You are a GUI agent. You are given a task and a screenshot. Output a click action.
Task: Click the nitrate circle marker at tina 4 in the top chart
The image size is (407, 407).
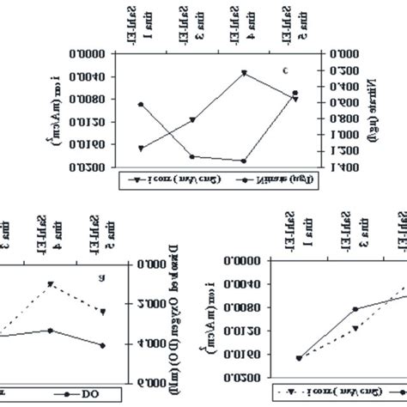tap(245, 161)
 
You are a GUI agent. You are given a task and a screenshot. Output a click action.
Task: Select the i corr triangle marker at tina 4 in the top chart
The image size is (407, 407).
tap(245, 73)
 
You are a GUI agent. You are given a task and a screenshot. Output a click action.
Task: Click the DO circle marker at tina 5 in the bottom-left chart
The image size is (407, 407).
tap(102, 345)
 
